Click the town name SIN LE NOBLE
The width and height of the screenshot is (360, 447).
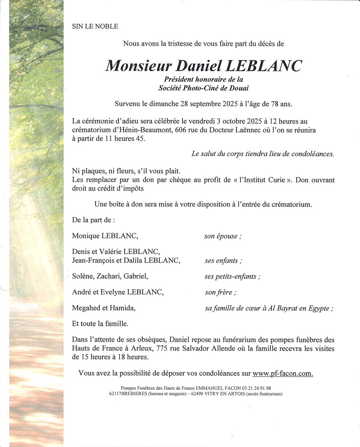click(95, 27)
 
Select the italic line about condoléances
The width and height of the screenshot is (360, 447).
click(262, 154)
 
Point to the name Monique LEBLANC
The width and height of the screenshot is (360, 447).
click(105, 236)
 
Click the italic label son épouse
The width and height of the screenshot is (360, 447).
click(223, 236)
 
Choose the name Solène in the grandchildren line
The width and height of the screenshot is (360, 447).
click(83, 276)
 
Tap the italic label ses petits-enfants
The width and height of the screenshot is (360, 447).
click(232, 277)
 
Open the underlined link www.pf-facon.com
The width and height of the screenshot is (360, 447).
click(282, 373)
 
